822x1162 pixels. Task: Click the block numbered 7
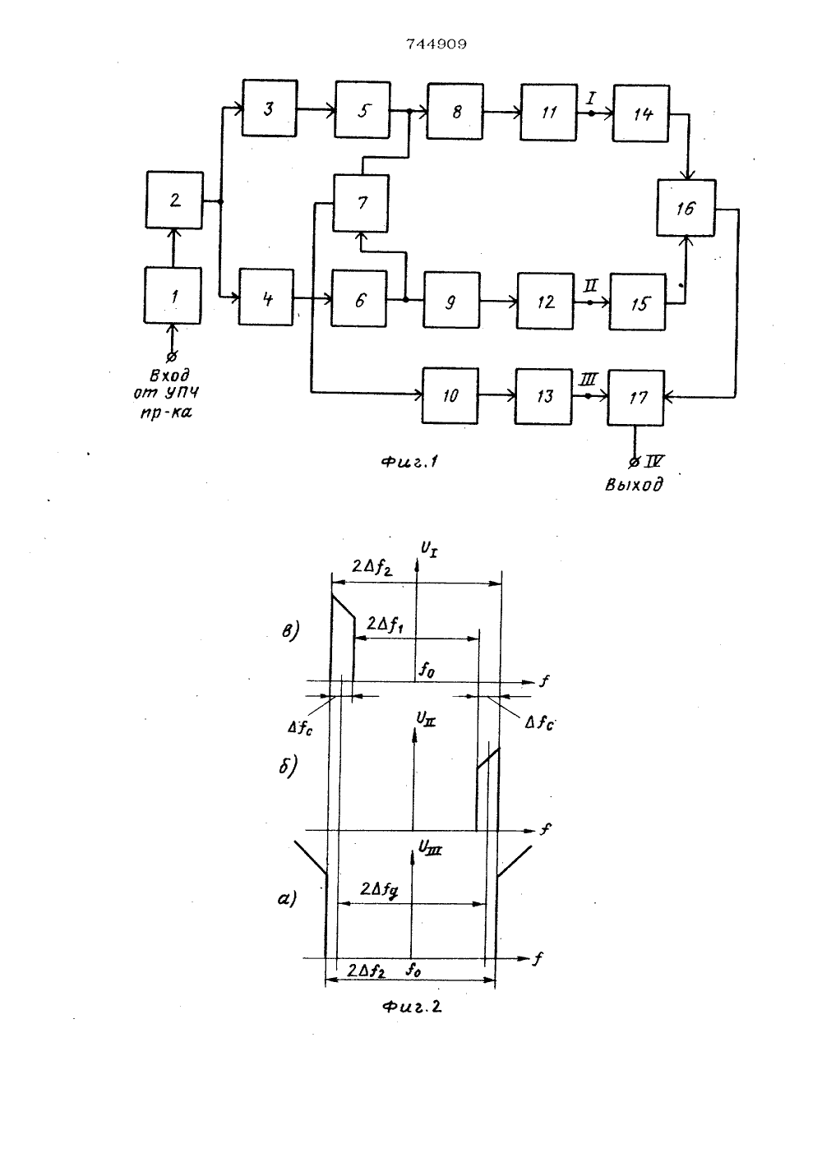(361, 203)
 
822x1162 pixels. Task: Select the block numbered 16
(686, 207)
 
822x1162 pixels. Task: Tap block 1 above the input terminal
(173, 296)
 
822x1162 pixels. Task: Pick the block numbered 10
(450, 396)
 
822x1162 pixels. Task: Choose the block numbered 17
(635, 398)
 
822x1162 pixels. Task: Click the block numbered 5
(363, 109)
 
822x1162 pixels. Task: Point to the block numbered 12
(545, 301)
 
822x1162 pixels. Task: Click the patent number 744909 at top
(436, 44)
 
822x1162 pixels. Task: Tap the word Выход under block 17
(634, 485)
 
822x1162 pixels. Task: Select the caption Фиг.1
(410, 461)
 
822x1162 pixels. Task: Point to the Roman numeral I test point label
(591, 97)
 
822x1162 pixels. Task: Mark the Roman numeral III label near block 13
(588, 379)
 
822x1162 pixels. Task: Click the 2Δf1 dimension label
(385, 624)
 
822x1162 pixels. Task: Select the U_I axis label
(428, 549)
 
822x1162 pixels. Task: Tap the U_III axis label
(430, 848)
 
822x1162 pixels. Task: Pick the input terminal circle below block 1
(172, 357)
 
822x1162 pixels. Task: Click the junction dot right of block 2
(220, 201)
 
